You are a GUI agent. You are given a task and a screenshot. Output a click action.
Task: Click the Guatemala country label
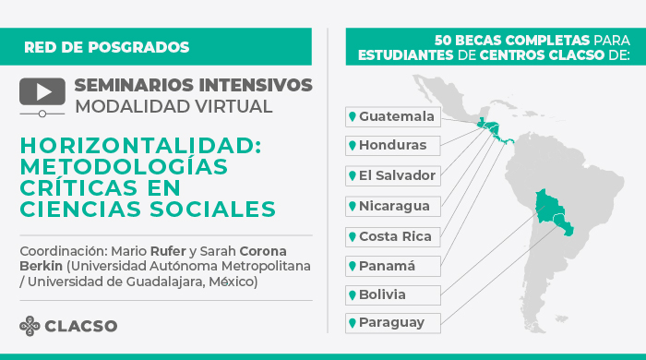coord(391,116)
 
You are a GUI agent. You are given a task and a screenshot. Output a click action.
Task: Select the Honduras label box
coord(391,146)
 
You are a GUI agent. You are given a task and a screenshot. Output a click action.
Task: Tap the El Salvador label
coord(391,175)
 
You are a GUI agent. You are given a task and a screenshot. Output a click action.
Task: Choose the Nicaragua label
coord(391,205)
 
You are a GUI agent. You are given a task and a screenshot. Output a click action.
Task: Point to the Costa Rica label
coord(391,235)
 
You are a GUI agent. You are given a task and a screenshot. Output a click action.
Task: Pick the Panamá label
coord(391,266)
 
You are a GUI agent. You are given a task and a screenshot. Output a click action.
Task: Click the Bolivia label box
coord(391,295)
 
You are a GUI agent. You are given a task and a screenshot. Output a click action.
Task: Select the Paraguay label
coord(391,323)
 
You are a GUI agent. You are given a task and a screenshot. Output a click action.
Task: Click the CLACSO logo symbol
coord(31,326)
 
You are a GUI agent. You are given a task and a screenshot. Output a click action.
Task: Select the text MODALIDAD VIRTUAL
coord(173,106)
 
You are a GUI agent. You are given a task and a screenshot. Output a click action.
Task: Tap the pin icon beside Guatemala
coord(352,116)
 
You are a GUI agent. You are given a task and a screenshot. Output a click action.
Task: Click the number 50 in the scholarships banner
coord(445,41)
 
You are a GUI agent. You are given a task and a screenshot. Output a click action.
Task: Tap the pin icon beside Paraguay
coord(352,323)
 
